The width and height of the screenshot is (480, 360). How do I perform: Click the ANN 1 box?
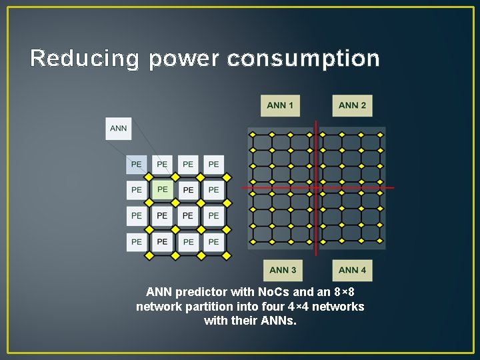tap(280, 105)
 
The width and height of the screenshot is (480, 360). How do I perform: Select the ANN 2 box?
tap(352, 105)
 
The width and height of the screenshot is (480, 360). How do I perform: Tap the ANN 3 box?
tap(283, 270)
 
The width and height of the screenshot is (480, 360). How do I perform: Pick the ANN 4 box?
tap(352, 270)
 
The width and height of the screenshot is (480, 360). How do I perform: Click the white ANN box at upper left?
tap(118, 128)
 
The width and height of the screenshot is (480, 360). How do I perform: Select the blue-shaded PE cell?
tap(137, 164)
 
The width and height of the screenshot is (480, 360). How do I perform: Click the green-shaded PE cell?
tap(162, 189)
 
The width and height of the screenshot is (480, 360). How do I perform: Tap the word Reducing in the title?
tap(85, 59)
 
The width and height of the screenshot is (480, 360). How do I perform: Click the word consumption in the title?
tap(303, 59)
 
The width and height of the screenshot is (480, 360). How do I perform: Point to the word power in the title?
tap(184, 59)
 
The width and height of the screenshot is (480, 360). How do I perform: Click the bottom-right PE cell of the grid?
tap(213, 241)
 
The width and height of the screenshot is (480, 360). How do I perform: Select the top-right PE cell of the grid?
tap(213, 164)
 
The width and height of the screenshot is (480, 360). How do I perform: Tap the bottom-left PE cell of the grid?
tap(137, 241)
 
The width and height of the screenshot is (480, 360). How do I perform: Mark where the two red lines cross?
tap(317, 187)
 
